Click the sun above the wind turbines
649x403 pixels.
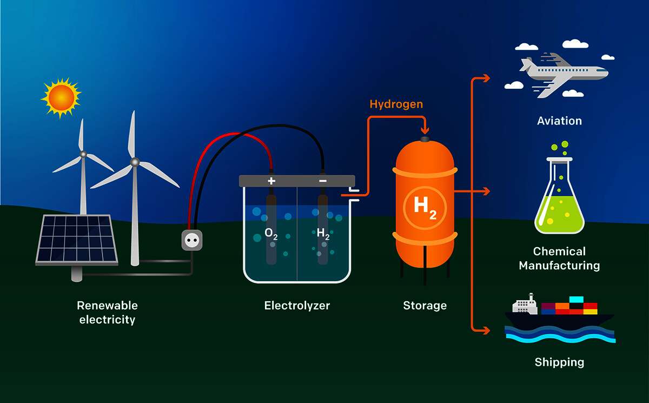click(x=61, y=98)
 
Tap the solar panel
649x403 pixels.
click(x=77, y=240)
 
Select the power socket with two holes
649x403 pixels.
click(x=192, y=240)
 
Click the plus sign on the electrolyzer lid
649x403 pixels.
click(x=271, y=181)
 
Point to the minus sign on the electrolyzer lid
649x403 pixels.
click(x=323, y=181)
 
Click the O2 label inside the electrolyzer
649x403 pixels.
click(x=271, y=234)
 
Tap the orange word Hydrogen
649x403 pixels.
click(x=396, y=104)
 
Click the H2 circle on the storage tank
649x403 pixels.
click(x=425, y=208)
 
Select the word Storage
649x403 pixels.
click(x=425, y=306)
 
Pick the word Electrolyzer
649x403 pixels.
click(x=297, y=306)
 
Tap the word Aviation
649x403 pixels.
click(x=559, y=121)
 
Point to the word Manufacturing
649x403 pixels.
click(x=559, y=266)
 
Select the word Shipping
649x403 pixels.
click(x=559, y=362)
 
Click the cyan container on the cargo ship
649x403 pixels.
click(x=577, y=300)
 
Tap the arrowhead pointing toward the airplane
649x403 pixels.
click(x=486, y=78)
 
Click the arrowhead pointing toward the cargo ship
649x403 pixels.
click(x=486, y=331)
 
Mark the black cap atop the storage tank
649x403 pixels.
click(x=425, y=139)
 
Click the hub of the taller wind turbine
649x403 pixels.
click(x=135, y=162)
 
